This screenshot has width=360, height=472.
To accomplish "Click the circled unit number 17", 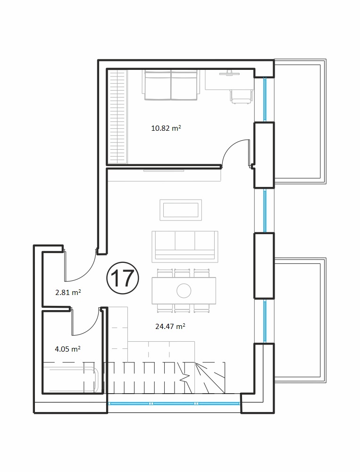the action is click(123, 278).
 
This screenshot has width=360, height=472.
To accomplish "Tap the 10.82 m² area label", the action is click(166, 128).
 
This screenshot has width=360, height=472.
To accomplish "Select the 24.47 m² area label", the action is click(170, 326).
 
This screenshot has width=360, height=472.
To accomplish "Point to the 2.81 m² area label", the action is click(68, 292).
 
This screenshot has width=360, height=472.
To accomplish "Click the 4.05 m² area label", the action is click(68, 349).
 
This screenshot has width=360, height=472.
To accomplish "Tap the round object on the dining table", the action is click(184, 291).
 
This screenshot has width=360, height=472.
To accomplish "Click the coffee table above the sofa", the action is click(181, 210).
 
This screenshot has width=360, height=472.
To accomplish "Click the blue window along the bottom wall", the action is click(174, 404).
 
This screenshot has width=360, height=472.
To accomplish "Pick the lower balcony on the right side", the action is click(300, 320).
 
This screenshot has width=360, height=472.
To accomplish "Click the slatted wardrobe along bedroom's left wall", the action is click(117, 117).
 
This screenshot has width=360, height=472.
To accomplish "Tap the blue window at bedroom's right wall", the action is click(265, 99).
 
